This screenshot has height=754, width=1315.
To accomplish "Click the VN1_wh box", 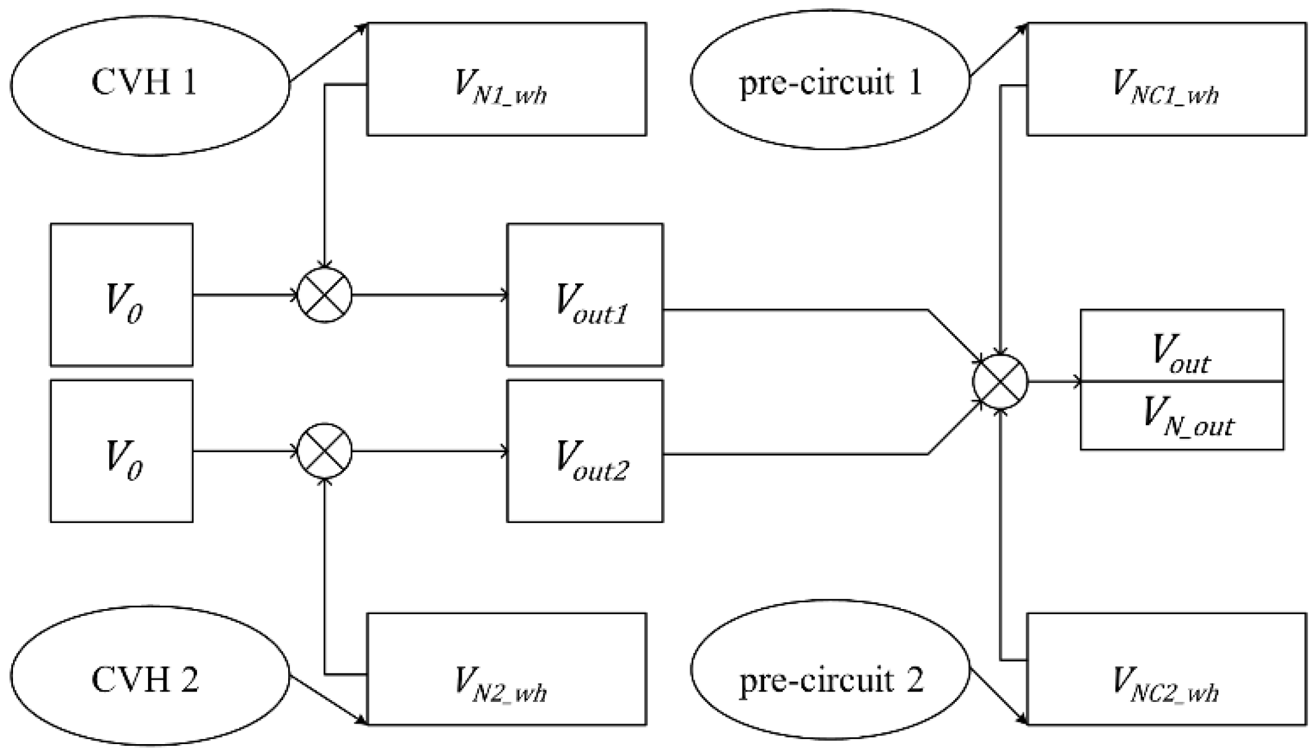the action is [506, 79].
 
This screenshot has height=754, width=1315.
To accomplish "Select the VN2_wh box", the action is [506, 669].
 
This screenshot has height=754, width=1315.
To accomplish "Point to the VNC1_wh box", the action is [1166, 79].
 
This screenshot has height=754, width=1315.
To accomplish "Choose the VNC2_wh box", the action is [1166, 669].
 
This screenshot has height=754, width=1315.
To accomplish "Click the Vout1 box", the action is [584, 295].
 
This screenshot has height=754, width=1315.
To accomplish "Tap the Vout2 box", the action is [584, 451].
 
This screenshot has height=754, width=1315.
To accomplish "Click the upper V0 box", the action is [121, 295].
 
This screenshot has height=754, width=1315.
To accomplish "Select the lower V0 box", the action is [121, 451].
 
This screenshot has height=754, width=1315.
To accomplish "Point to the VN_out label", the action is [1187, 417].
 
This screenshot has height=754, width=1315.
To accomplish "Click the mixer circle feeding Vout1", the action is [325, 295].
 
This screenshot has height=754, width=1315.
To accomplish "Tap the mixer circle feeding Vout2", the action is [325, 451].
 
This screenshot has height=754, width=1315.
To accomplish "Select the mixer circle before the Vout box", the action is [1000, 382].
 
